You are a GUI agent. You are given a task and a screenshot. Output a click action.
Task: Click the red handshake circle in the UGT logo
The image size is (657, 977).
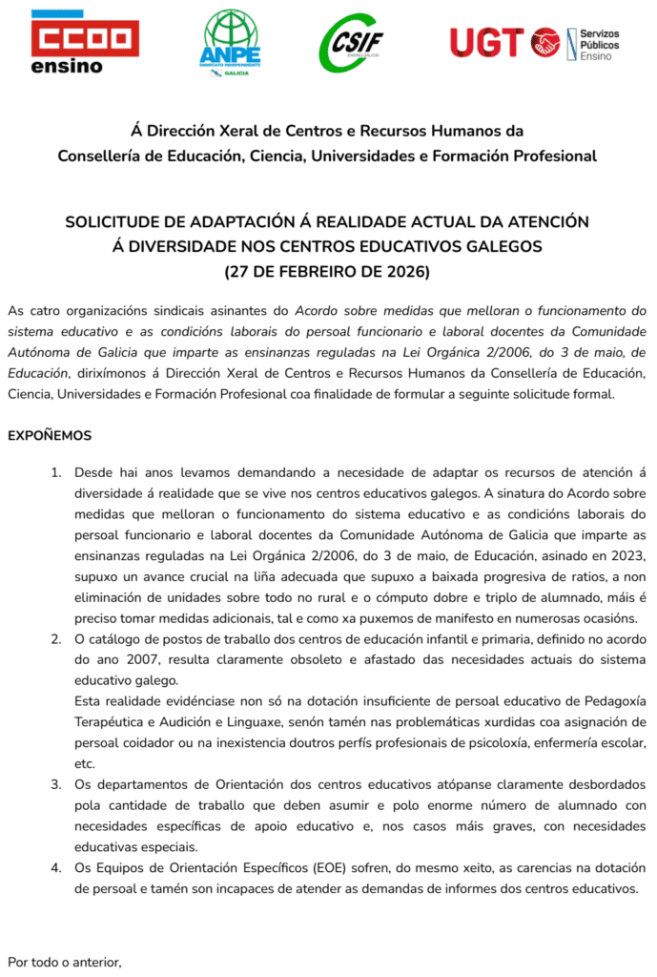coord(545,42)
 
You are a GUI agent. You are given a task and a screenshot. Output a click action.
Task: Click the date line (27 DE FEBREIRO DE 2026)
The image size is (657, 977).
coord(327,272)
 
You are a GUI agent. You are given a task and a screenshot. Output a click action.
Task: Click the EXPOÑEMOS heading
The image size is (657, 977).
coord(50,435)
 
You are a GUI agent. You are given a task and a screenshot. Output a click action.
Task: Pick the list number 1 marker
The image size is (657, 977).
coord(55,472)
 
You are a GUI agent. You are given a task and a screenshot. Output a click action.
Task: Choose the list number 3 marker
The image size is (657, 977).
coord(55,783)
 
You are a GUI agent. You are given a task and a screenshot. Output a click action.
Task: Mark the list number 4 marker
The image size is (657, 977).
coord(55,867)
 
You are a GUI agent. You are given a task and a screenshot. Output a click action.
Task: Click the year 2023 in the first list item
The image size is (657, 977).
coord(628,555)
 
